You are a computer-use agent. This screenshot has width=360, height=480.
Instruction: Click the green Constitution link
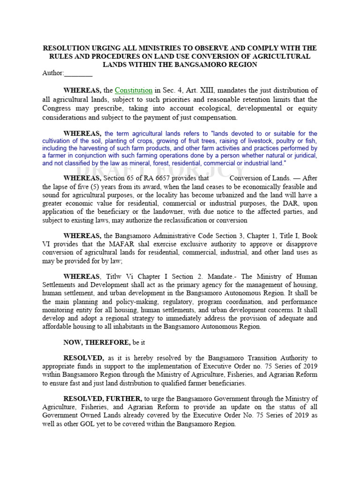[134, 90]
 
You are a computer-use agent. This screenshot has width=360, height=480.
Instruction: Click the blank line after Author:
[78, 73]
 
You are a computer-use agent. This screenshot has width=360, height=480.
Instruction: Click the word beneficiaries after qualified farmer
[223, 383]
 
